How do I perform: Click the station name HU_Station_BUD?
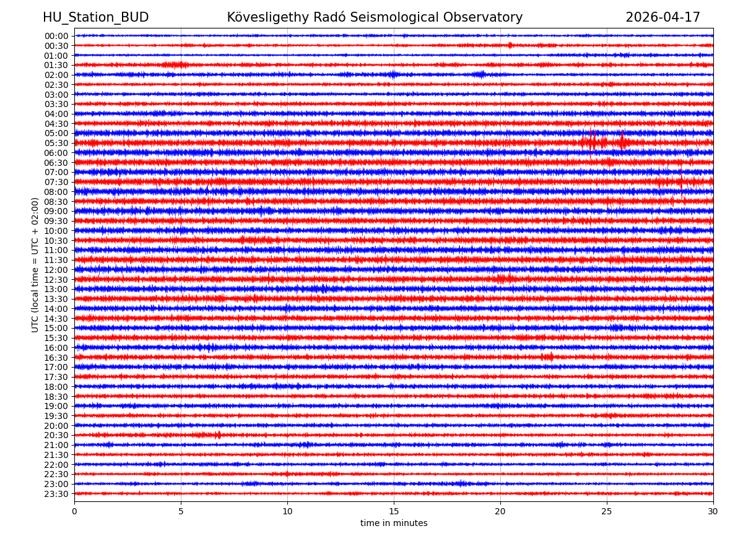tap(95, 17)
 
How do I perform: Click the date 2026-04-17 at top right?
tap(663, 17)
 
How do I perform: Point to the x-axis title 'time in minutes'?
tap(394, 524)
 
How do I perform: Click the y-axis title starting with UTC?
tap(35, 265)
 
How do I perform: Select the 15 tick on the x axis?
tap(394, 512)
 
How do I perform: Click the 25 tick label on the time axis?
tap(607, 512)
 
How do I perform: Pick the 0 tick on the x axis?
tap(74, 512)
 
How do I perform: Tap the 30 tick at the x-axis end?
tap(713, 512)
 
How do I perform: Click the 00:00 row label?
tap(56, 36)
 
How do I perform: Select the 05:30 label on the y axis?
tap(56, 143)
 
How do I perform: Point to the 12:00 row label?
tap(56, 270)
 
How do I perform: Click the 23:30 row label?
tap(56, 494)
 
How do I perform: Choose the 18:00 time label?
tap(56, 387)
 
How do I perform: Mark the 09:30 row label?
tap(56, 221)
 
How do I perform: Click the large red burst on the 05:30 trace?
tap(593, 142)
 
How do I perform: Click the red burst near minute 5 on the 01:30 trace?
tap(175, 64)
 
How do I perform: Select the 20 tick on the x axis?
tap(500, 512)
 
